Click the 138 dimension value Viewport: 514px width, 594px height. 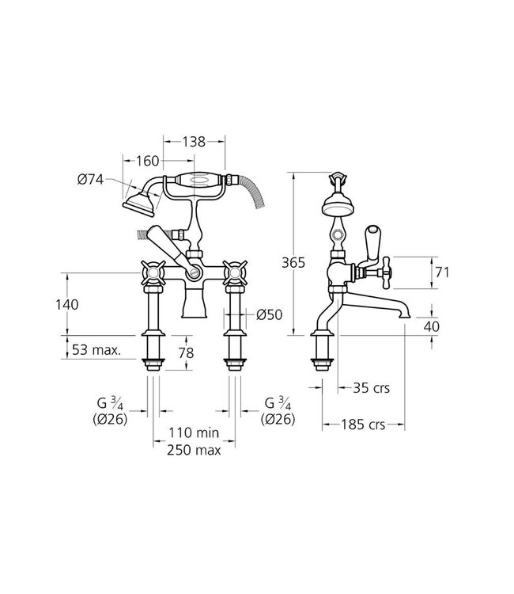194,142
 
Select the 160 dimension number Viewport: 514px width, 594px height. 148,161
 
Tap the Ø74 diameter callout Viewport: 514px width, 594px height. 90,179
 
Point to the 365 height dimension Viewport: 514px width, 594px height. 293,262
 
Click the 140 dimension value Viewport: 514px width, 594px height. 67,304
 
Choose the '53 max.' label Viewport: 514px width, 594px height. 96,349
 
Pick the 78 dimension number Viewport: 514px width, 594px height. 186,353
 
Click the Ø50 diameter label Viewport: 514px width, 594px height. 270,314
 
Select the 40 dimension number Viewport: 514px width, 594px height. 431,326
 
